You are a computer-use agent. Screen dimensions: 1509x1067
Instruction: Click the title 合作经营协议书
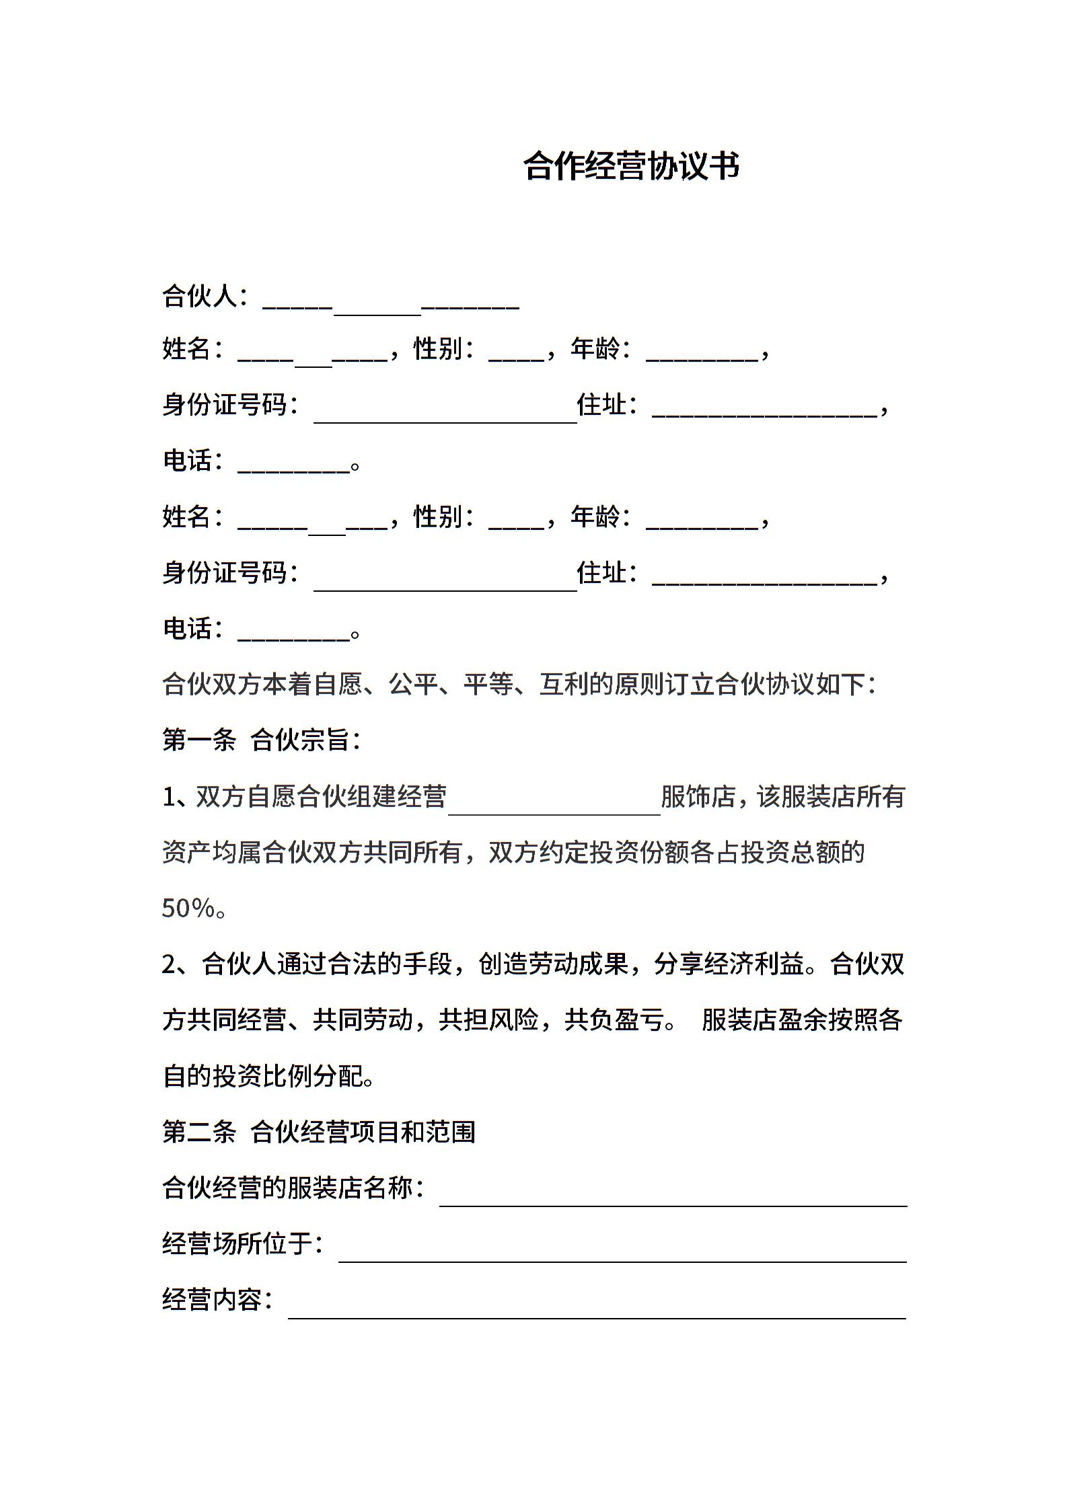point(631,166)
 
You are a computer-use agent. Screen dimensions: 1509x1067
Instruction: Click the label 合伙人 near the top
point(200,296)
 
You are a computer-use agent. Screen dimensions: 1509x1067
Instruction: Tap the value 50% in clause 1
point(188,908)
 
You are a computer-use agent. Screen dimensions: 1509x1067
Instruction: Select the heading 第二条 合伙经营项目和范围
point(318,1132)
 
